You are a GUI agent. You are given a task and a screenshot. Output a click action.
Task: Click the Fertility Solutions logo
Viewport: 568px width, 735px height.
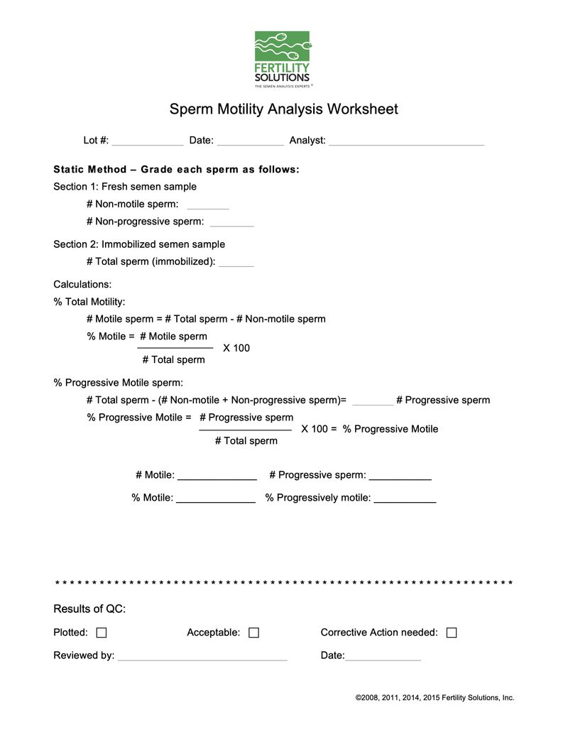[283, 59]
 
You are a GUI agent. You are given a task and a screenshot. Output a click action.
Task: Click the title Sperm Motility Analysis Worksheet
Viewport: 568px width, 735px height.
[283, 109]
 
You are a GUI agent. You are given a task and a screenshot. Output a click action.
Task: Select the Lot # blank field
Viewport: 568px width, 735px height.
[148, 141]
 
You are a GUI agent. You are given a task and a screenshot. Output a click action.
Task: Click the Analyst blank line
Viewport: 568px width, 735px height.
[406, 141]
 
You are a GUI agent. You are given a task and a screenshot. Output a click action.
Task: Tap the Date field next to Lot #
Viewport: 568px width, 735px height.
[250, 141]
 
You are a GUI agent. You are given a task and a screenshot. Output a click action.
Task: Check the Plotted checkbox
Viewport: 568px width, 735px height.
[102, 633]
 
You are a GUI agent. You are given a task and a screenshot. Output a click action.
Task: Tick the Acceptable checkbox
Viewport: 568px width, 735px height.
[253, 633]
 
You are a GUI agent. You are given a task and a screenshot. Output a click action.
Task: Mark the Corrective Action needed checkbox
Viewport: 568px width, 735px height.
[452, 633]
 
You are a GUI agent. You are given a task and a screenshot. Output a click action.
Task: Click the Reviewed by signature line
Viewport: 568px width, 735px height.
[202, 657]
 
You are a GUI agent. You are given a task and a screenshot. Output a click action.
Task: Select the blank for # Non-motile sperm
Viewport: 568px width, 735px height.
[207, 206]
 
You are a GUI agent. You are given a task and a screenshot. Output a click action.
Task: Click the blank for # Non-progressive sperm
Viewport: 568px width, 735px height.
[231, 223]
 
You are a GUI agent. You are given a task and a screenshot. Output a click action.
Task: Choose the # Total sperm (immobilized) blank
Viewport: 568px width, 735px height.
[236, 263]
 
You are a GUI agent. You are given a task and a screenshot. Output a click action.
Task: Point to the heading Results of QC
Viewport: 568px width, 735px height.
[89, 609]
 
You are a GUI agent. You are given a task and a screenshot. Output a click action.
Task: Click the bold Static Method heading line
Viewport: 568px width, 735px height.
[176, 170]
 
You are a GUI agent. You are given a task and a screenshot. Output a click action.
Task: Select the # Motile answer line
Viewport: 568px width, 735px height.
[217, 477]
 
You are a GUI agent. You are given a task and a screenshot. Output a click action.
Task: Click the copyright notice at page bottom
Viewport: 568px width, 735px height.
[435, 698]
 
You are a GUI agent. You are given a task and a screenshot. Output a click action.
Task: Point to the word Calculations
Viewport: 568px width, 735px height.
[82, 285]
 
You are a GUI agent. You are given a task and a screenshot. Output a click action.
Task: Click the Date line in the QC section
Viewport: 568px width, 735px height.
[383, 657]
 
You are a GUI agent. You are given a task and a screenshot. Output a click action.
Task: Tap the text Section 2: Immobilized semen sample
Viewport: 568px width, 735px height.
[139, 244]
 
